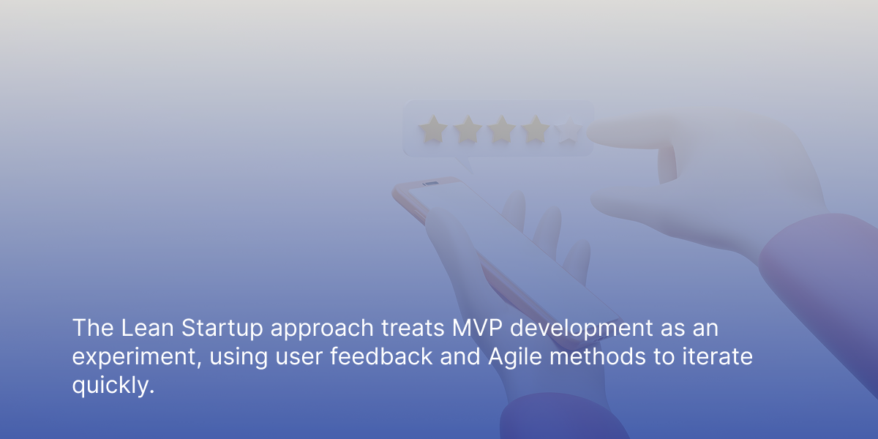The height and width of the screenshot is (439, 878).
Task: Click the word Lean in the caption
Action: coord(147,328)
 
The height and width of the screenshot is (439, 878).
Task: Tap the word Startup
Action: coord(222,329)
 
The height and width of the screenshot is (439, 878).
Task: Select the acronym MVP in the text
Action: coord(477,328)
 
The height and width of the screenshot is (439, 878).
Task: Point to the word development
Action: coord(581,329)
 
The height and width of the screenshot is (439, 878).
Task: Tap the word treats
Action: coord(413,329)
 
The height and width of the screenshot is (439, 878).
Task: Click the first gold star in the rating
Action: coord(433,129)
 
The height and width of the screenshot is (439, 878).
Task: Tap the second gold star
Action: coord(468,129)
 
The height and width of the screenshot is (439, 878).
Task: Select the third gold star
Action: coord(501,129)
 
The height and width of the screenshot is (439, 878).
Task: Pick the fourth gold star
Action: coord(536,129)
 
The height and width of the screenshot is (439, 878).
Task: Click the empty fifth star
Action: coord(568,130)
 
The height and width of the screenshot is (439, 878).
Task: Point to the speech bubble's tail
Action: coord(465,165)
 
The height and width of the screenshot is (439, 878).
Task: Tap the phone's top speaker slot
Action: coord(431,183)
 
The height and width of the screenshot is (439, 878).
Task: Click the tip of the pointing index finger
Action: coord(589,132)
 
